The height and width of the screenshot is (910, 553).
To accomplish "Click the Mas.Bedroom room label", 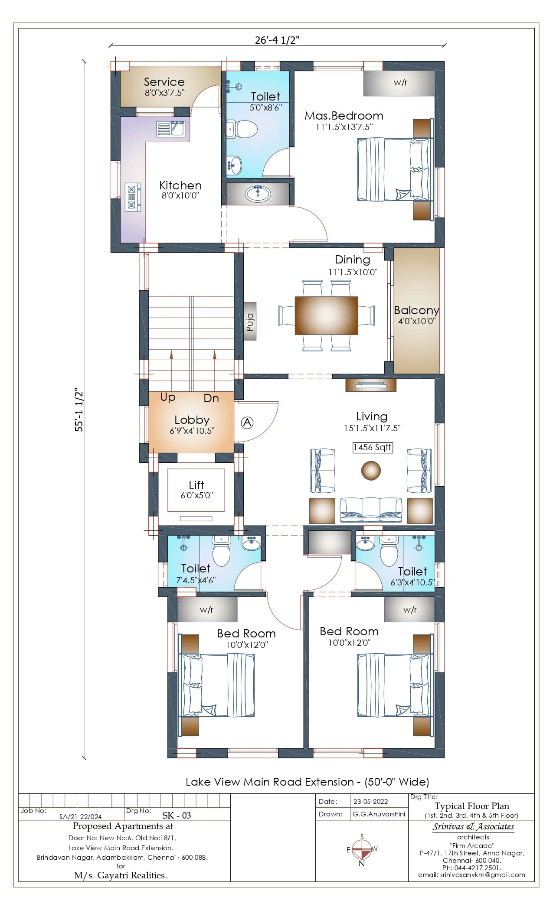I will (x=344, y=116).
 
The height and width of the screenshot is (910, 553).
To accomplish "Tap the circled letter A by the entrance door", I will (x=247, y=422).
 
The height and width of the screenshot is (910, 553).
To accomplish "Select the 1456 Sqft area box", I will (x=372, y=447).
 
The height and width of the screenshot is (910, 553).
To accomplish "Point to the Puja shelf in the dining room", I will (x=250, y=321).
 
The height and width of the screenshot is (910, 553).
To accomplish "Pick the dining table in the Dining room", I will (x=326, y=315).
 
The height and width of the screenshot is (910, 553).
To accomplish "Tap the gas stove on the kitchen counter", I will (x=133, y=197).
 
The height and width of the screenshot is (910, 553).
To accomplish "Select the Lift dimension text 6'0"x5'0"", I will (x=196, y=495).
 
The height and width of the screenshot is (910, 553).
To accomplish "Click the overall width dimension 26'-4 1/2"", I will (x=278, y=40).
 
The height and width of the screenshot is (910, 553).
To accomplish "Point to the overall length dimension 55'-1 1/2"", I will (x=79, y=409).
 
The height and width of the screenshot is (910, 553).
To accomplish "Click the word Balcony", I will (x=416, y=310).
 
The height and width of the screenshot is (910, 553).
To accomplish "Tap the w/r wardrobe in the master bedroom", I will (x=399, y=83).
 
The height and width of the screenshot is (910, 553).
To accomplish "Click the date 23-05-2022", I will (x=370, y=801).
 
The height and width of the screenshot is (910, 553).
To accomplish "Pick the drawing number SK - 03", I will (x=176, y=815).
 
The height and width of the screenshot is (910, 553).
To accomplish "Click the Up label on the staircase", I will (x=168, y=397).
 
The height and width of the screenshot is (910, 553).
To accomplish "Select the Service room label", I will (x=164, y=81).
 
